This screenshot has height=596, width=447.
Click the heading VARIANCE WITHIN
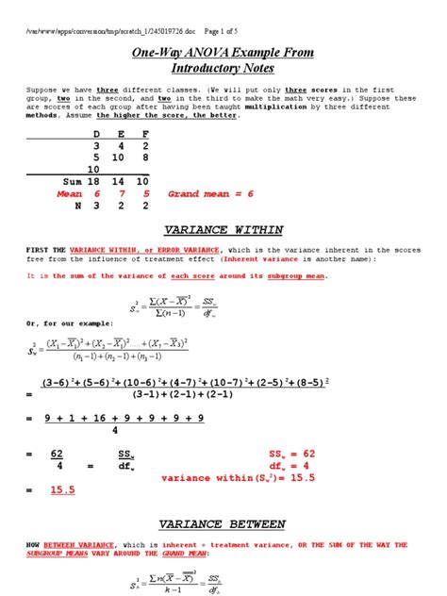pos(223,228)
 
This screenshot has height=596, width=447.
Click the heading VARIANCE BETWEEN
pos(223,523)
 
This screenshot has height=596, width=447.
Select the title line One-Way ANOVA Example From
pos(223,52)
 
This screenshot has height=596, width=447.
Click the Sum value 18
pos(96,179)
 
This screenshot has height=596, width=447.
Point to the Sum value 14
pos(119,179)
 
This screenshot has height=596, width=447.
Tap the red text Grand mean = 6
pos(209,193)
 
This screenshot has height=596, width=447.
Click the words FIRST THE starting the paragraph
pos(35,249)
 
